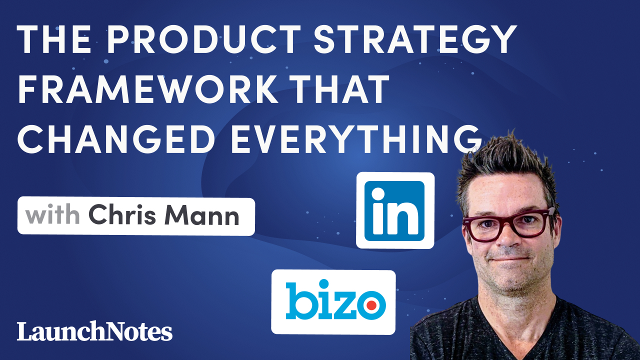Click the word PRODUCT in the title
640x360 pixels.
point(204,39)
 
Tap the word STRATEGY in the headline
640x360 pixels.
point(415,39)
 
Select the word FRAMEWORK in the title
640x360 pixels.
point(148,89)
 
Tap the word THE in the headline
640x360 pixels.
point(55,39)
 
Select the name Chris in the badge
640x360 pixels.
point(122,214)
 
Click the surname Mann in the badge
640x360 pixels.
point(202,215)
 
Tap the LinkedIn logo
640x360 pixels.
point(395,210)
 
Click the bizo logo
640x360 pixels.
point(333,302)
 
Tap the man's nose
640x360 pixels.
point(506,235)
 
